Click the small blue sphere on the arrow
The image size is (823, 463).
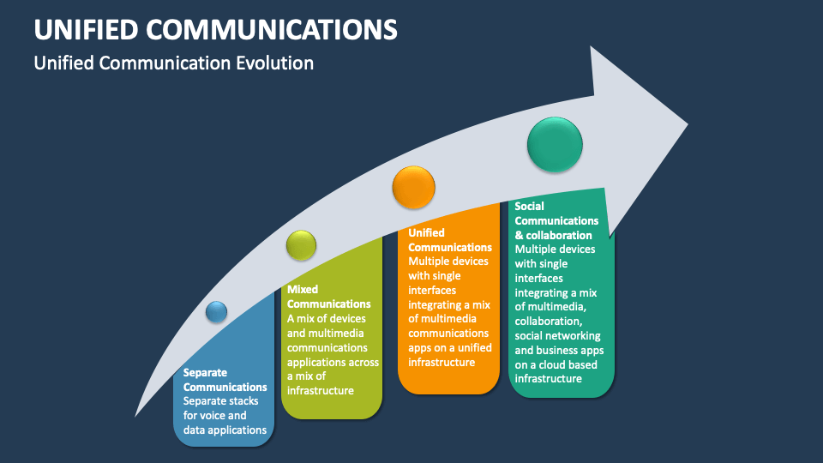tap(217, 312)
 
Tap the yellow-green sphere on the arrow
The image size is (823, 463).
tap(301, 245)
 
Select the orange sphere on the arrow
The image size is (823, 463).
tap(414, 187)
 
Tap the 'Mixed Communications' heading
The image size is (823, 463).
tap(329, 297)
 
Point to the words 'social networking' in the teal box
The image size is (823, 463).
tap(557, 336)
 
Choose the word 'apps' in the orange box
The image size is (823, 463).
tap(421, 347)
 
